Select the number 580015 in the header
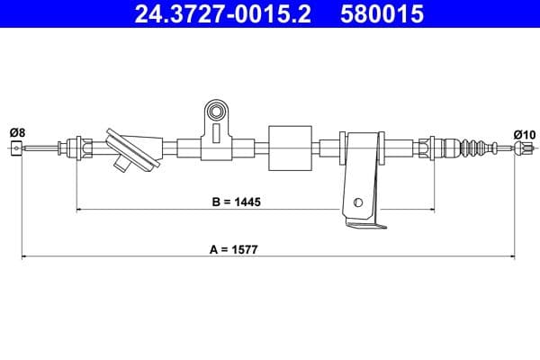[382, 13]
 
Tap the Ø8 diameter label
[16, 133]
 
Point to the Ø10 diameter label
[524, 134]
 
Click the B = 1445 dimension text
[236, 202]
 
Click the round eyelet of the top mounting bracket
[216, 112]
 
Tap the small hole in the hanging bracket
[358, 202]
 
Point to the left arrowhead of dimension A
[24, 257]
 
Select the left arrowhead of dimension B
[80, 210]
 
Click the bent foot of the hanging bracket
[364, 226]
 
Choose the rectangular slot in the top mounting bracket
[217, 133]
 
